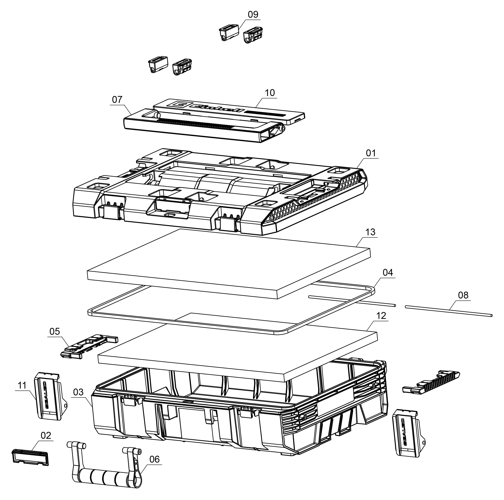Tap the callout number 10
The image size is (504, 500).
pyautogui.click(x=270, y=93)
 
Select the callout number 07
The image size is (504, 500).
pyautogui.click(x=117, y=100)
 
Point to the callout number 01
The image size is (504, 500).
pyautogui.click(x=371, y=153)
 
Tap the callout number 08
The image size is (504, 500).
pyautogui.click(x=463, y=295)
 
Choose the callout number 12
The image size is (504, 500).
pyautogui.click(x=381, y=316)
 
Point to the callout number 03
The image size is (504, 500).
pyautogui.click(x=78, y=392)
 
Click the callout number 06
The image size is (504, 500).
pyautogui.click(x=155, y=459)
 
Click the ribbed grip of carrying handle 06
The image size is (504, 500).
pyautogui.click(x=103, y=478)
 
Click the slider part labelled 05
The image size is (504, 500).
pyautogui.click(x=89, y=346)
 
